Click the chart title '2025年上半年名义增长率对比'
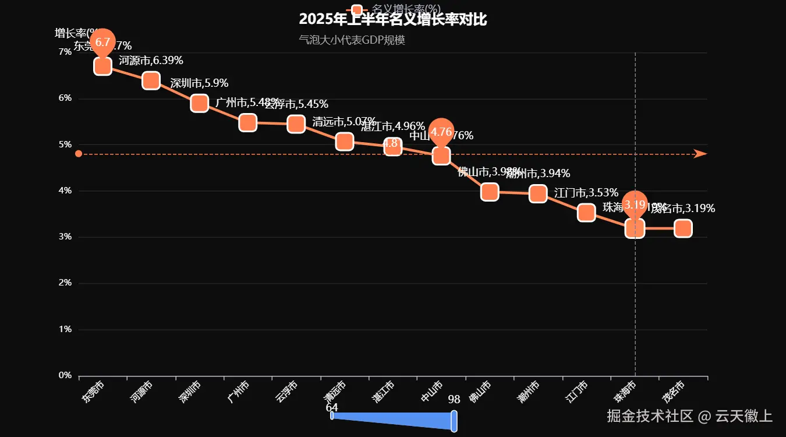click(393, 19)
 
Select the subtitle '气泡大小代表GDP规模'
click(352, 40)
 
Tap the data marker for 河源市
click(151, 80)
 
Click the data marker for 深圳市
click(199, 103)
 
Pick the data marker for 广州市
click(247, 122)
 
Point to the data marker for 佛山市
click(490, 192)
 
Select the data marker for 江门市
click(586, 213)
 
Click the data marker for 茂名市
click(683, 228)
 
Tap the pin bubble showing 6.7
click(102, 42)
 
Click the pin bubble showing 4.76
click(441, 132)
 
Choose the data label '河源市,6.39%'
click(151, 60)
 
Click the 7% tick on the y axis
click(65, 52)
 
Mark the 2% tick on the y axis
click(65, 283)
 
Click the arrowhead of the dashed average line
click(700, 154)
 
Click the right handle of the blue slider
click(454, 421)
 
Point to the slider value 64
click(332, 407)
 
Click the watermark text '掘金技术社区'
click(650, 416)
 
